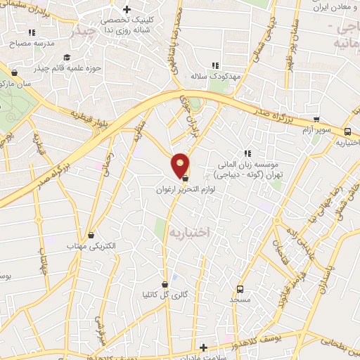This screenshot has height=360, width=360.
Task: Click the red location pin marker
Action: pyautogui.click(x=181, y=165)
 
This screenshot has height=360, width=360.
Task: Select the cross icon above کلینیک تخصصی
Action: pyautogui.click(x=127, y=10)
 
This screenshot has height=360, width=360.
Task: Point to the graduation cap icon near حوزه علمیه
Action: pyautogui.click(x=67, y=58)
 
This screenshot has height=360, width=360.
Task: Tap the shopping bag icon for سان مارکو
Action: pyautogui.click(x=15, y=71)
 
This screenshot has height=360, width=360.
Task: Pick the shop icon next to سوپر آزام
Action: pyautogui.click(x=316, y=120)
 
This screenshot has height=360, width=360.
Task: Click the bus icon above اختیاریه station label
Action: pyautogui.click(x=347, y=131)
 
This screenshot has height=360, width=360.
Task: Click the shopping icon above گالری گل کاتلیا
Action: pyautogui.click(x=165, y=284)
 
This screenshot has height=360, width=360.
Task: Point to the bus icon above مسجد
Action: pyautogui.click(x=240, y=288)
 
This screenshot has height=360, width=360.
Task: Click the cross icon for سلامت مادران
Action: pyautogui.click(x=204, y=347)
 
